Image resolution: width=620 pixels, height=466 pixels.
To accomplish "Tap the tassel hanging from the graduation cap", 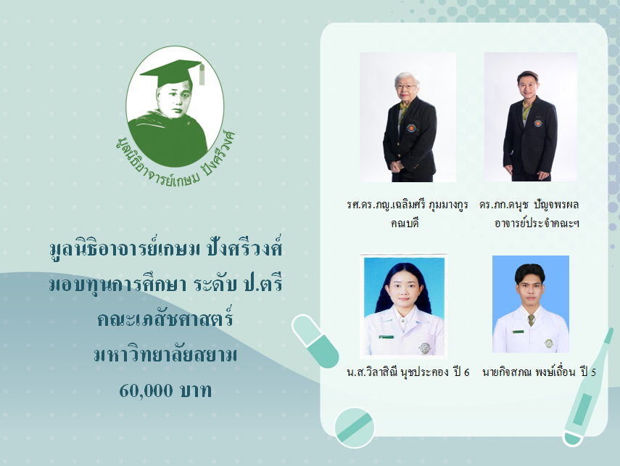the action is point(202,75).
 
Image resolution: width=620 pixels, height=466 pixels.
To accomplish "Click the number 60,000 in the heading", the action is point(146,391).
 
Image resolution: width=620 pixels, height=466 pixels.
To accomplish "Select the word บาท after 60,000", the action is point(196,391).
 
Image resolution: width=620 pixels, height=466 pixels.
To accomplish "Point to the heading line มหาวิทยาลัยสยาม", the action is point(165,354).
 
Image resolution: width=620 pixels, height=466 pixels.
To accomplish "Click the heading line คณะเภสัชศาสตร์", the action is point(165,319).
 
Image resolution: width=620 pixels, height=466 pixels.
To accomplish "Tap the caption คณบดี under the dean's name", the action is point(405,223).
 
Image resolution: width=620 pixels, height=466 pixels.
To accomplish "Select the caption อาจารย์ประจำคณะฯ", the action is point(537,223).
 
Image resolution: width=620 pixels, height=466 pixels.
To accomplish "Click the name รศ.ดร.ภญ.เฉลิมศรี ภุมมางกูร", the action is point(408,204).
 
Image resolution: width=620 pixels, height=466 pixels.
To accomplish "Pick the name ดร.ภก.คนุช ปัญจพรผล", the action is point(529,204).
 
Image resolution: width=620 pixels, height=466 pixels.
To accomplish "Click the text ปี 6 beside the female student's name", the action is point(461,372).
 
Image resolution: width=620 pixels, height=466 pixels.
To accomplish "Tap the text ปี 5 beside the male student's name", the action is point(588,372).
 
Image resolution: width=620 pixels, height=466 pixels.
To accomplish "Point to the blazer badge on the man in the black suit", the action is point(538,123).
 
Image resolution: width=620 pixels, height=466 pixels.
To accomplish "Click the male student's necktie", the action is point(531,320).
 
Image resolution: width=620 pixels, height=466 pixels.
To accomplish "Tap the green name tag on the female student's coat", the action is point(387,337).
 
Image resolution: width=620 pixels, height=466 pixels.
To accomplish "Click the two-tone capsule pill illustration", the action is point(315,341).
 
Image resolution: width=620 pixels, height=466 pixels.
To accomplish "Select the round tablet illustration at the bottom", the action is point(355,428).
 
